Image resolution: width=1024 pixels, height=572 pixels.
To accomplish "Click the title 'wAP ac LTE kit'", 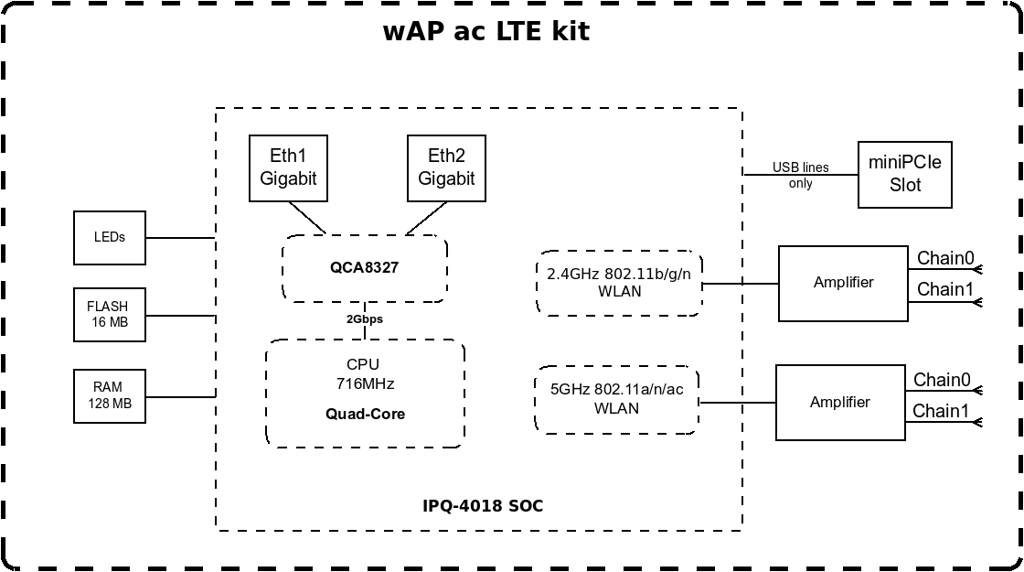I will (x=486, y=31).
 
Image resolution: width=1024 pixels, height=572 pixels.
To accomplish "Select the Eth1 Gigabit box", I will (x=288, y=167).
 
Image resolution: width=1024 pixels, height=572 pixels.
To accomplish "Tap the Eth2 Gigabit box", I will (x=446, y=167).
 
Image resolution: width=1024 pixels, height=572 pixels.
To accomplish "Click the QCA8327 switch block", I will (x=365, y=268).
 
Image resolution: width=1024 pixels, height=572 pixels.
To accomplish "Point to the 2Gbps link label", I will (x=365, y=319).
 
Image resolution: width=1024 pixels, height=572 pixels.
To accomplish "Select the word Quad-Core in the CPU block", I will (x=365, y=414).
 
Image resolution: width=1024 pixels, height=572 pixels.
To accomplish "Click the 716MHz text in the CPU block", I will (x=365, y=383).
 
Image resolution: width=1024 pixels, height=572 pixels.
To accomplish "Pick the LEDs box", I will (x=109, y=237).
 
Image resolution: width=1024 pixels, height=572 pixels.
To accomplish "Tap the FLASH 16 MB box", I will (x=109, y=315).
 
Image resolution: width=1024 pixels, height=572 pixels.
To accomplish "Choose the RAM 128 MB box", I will (x=109, y=395).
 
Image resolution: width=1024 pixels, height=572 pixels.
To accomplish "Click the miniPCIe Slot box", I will (x=904, y=174).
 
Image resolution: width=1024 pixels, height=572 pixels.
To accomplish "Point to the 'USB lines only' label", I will (x=800, y=176).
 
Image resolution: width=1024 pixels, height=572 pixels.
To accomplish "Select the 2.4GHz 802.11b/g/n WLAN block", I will (x=619, y=283).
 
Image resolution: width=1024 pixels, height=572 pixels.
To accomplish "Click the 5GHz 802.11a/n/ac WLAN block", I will (x=616, y=399).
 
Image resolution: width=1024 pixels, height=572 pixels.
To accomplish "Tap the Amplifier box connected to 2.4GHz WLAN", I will (x=843, y=283).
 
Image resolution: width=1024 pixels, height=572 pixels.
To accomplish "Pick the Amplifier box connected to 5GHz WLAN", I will (x=840, y=402).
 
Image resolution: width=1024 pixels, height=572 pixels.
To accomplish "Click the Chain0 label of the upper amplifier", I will (x=945, y=258).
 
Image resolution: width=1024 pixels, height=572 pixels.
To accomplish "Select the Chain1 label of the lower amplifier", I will (x=942, y=411).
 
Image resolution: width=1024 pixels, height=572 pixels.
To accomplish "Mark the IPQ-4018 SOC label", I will (x=483, y=506).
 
